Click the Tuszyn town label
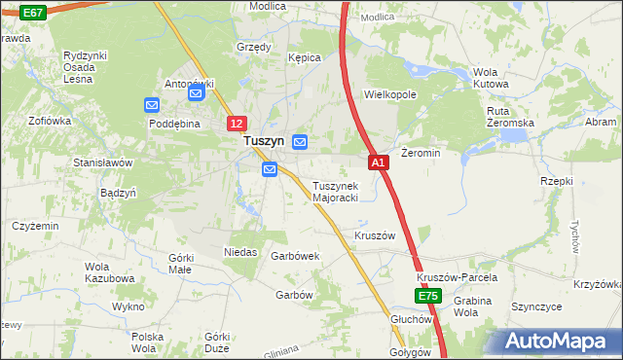coord(263,141)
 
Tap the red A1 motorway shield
coord(380,162)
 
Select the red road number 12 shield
coord(238,124)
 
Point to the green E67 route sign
coord(31,12)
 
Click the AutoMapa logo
coord(560,341)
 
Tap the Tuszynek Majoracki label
coord(336,192)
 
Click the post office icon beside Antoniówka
coord(196,94)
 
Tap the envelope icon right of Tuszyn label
coord(300,142)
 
